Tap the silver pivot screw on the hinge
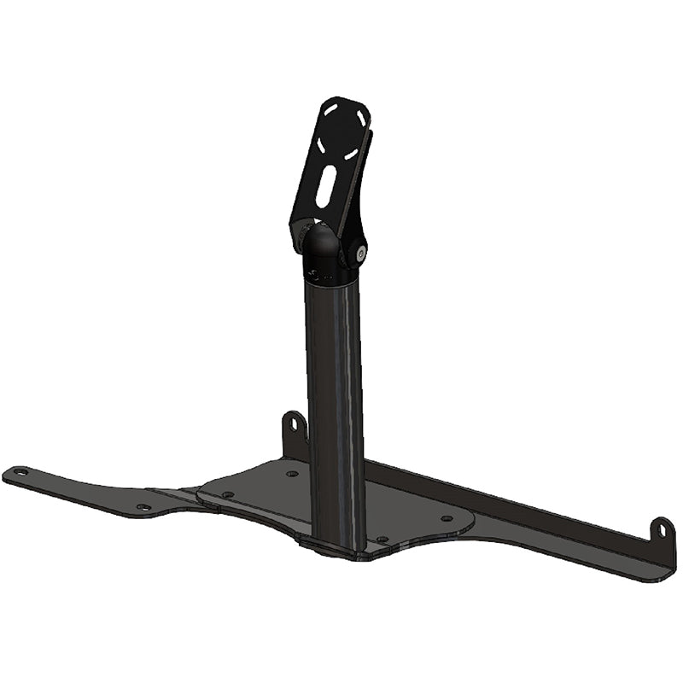click(361, 252)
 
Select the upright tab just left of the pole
click(295, 431)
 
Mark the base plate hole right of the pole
click(446, 518)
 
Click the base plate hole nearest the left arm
click(228, 494)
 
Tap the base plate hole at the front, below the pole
click(382, 540)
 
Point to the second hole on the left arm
click(143, 507)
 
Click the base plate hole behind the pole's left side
click(292, 473)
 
